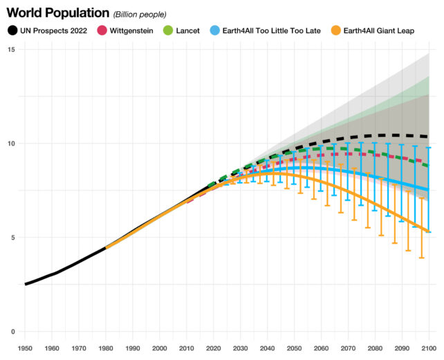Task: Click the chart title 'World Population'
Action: (x=57, y=12)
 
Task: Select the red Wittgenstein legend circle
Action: (x=101, y=30)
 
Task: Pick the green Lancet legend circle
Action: (x=168, y=30)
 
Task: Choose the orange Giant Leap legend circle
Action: (x=337, y=30)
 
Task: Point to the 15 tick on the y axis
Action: (x=11, y=50)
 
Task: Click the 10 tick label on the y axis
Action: (x=11, y=143)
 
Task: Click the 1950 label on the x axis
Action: (x=25, y=348)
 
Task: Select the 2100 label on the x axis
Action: (x=429, y=348)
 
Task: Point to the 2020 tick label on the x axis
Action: (x=214, y=348)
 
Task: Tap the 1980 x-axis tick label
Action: (x=106, y=348)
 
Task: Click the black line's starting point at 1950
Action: (x=26, y=284)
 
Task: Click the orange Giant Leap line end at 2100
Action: (x=429, y=231)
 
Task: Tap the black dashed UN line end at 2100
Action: (x=429, y=137)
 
